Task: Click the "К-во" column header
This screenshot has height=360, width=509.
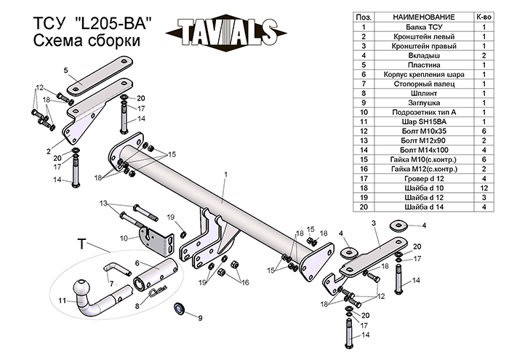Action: (484, 16)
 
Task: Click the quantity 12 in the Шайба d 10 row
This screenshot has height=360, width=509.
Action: (484, 188)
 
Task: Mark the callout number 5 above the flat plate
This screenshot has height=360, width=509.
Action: (65, 70)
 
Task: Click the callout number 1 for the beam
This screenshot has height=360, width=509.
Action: (226, 174)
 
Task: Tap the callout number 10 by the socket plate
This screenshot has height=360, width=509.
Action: (124, 237)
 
